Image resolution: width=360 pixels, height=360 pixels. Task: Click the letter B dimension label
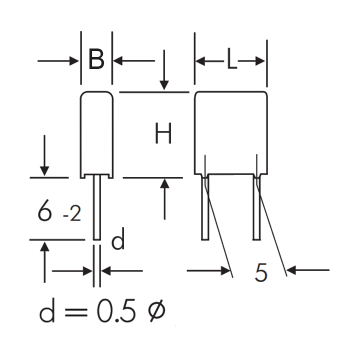tap(96, 59)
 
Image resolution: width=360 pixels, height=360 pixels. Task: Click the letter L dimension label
tap(231, 59)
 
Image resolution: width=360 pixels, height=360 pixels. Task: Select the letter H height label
tap(163, 133)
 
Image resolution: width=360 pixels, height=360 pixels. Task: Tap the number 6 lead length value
tap(44, 210)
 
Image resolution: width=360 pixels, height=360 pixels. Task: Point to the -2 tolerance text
tap(72, 213)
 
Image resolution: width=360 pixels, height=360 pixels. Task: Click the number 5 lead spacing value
tap(261, 272)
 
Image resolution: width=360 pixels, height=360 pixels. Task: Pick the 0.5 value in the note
tap(116, 311)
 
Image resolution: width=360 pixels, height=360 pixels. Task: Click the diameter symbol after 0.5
tap(156, 310)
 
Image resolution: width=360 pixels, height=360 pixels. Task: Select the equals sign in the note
tap(76, 312)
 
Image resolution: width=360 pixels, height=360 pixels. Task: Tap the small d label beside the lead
tap(118, 238)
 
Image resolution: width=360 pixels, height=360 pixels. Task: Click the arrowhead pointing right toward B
tap(74, 61)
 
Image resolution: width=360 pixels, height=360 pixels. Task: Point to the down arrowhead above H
tap(164, 85)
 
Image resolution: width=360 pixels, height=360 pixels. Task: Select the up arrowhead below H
tap(164, 183)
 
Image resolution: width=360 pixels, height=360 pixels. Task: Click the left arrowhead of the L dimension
tap(200, 61)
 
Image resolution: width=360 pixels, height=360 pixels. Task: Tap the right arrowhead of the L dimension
tap(260, 61)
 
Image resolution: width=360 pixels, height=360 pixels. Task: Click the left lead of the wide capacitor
tap(205, 207)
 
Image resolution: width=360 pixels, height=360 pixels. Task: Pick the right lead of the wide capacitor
tap(256, 207)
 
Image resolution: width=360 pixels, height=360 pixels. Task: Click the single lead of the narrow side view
tap(97, 207)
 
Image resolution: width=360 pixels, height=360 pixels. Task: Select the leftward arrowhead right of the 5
tap(291, 270)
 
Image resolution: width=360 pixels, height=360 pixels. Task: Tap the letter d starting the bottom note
tap(47, 311)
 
